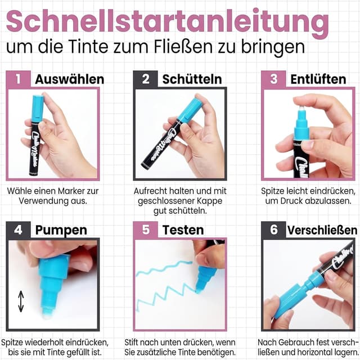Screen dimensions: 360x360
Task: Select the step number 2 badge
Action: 146,79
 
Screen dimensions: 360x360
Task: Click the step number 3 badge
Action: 273,79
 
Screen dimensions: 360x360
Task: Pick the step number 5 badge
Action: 146,229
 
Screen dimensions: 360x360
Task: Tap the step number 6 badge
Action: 273,229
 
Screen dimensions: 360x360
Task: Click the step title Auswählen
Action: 69,79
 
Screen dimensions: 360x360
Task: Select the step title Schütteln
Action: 192,79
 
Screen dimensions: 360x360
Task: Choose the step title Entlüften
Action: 318,79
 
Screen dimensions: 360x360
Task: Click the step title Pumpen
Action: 61,229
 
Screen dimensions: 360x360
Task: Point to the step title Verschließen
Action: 322,229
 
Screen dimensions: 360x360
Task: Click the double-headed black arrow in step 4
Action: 21,301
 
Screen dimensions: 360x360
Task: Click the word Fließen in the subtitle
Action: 198,44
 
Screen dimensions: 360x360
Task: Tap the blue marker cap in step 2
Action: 191,109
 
